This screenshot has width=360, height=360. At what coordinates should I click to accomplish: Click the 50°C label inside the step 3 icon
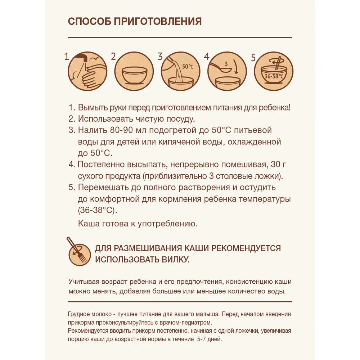pos(188,67)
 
